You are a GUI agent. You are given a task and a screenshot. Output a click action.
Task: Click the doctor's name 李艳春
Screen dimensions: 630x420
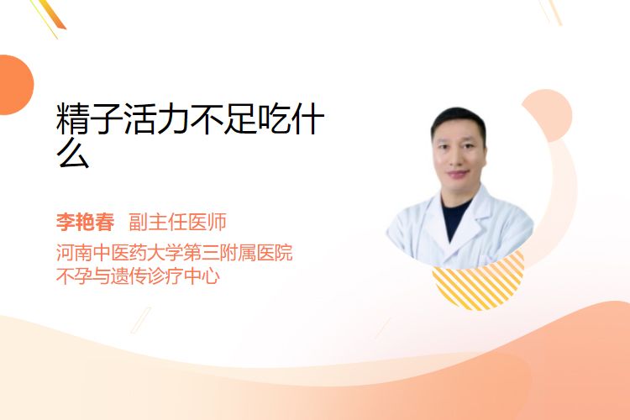coord(85,222)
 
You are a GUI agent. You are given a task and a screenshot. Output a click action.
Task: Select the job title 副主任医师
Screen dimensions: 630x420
coord(177,222)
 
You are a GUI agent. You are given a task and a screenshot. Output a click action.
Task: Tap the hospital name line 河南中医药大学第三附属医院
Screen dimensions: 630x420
coord(175,253)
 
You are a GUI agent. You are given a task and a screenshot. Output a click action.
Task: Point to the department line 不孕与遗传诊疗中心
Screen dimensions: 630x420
coord(138,276)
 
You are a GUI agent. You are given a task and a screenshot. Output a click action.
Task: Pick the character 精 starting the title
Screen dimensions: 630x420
coord(73,118)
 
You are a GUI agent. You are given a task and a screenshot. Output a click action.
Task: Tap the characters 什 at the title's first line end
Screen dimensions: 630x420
coord(307,118)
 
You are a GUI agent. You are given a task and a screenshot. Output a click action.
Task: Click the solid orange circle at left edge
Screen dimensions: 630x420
coord(16,85)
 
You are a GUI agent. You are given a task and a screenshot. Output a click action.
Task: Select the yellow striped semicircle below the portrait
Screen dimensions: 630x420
coord(479,283)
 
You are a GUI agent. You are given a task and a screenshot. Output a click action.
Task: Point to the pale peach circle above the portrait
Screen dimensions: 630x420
coord(548,114)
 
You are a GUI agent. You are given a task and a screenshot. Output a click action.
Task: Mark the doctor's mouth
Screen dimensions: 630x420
coord(458,174)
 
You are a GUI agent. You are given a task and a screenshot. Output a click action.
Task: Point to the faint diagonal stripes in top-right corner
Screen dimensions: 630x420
coord(550,12)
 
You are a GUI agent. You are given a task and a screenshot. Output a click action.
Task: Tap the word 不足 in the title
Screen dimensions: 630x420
coord(223,118)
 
